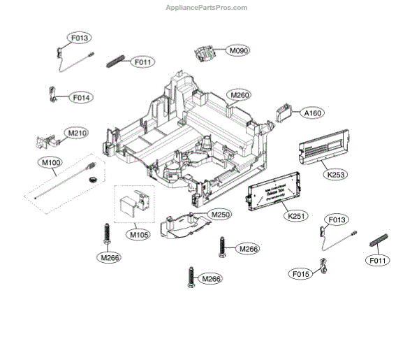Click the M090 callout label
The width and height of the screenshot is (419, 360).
tap(239, 51)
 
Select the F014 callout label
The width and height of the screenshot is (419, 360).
tap(82, 98)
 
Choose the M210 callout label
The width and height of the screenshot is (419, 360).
tap(76, 132)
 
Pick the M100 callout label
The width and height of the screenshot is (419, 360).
tap(52, 162)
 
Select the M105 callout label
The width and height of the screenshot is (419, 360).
tap(138, 235)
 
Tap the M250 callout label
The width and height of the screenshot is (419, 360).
tap(220, 215)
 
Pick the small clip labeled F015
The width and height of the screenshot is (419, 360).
tap(323, 267)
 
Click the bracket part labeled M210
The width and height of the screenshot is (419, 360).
tap(47, 141)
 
